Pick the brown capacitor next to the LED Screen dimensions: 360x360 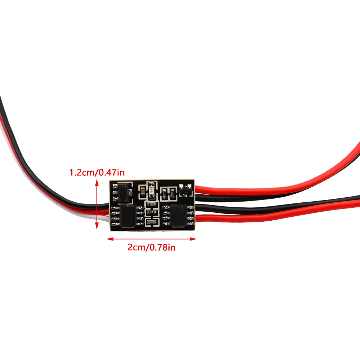(x=143, y=192)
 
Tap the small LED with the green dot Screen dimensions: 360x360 (x=152, y=190)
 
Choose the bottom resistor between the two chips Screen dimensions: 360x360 (x=152, y=223)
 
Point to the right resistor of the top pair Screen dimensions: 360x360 (x=173, y=194)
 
